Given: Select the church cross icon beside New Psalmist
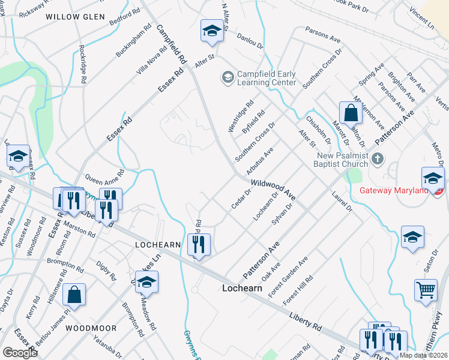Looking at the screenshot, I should tap(377, 159).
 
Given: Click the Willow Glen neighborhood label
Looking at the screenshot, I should tap(74, 17).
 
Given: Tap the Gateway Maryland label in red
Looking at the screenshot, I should tap(396, 191).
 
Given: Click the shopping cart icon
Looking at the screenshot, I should tap(426, 290).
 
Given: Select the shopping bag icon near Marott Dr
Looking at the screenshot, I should tap(351, 112).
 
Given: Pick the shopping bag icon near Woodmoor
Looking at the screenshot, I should tap(74, 295).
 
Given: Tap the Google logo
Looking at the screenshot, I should tap(20, 352).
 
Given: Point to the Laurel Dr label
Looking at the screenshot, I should tap(341, 201).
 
